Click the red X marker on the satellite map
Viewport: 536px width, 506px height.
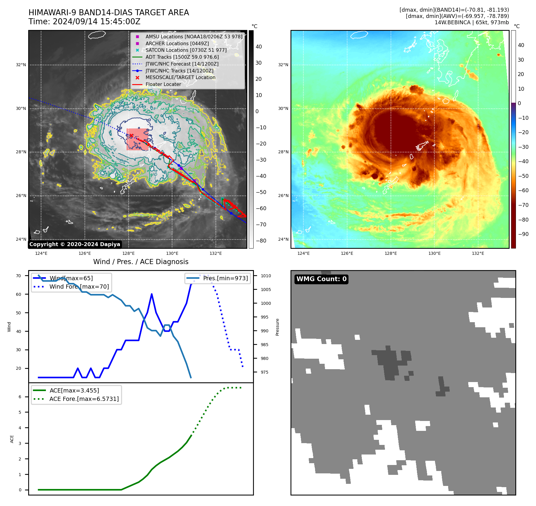[x=131, y=136]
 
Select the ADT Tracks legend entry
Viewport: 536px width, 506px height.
[x=182, y=57]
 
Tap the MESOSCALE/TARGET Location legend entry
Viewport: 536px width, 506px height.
[x=180, y=77]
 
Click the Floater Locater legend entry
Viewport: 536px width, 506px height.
[x=163, y=84]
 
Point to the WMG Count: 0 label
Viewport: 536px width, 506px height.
[x=321, y=279]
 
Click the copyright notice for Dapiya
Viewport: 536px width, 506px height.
[x=75, y=244]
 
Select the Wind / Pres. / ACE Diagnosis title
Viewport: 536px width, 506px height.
[x=141, y=262]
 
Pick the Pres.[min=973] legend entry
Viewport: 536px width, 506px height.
[x=225, y=278]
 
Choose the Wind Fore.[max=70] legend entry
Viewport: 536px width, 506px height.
[x=79, y=287]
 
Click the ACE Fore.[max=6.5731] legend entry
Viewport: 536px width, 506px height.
[x=84, y=399]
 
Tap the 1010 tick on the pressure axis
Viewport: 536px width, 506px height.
[x=266, y=276]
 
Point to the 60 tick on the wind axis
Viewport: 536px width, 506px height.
[x=19, y=294]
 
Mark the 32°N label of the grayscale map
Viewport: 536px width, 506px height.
[x=21, y=65]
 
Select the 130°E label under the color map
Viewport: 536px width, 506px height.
[x=434, y=253]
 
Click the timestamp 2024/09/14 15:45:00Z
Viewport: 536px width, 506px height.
[x=97, y=22]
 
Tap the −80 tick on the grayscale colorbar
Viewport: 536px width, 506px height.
[x=261, y=240]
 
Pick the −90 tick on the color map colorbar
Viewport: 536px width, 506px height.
[x=523, y=234]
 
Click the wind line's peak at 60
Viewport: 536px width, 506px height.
[x=152, y=294]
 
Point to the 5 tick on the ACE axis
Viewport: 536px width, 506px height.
[x=20, y=412]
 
